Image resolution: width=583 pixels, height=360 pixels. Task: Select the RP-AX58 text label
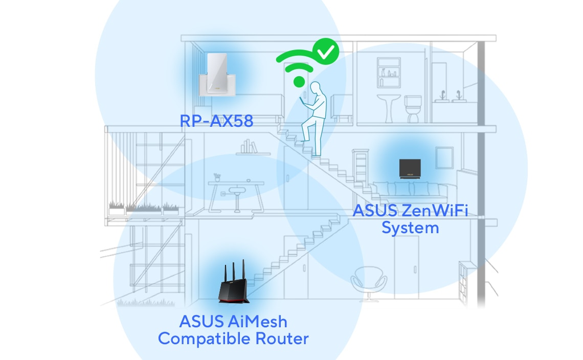[x=216, y=121]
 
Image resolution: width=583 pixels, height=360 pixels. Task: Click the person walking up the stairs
[x=313, y=118]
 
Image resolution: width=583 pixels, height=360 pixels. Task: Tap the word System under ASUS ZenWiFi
[x=410, y=228]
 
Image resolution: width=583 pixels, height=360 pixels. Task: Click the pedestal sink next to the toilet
[x=388, y=104]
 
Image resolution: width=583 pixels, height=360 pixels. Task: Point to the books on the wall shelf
[x=250, y=147]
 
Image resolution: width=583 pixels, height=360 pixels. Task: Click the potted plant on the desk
[x=217, y=177]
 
